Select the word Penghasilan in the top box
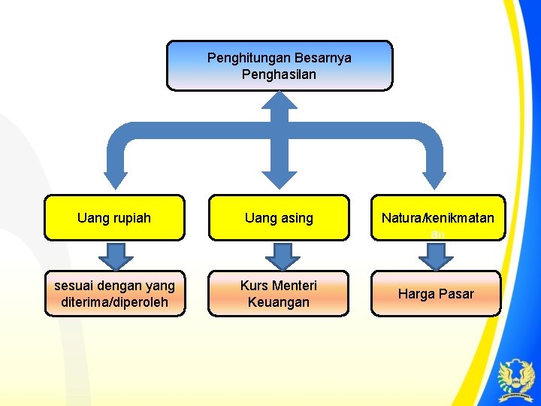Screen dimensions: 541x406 coord(279,74)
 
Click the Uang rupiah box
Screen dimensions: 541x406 coord(114,218)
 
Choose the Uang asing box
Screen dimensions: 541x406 coord(279,218)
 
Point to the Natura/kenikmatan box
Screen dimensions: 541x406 coord(437,218)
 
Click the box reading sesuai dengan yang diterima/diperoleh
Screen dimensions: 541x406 coord(114,293)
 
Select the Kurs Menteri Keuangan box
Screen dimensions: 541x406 coord(279,293)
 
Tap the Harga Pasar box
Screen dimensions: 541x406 coord(436,293)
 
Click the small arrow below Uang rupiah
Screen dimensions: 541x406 coord(116,255)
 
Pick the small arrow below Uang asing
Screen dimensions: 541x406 coord(282,255)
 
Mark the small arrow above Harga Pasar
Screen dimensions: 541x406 coord(436,255)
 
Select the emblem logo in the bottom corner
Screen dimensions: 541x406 coord(517,379)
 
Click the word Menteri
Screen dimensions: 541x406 coord(295,286)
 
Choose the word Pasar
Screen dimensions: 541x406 coord(457,294)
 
